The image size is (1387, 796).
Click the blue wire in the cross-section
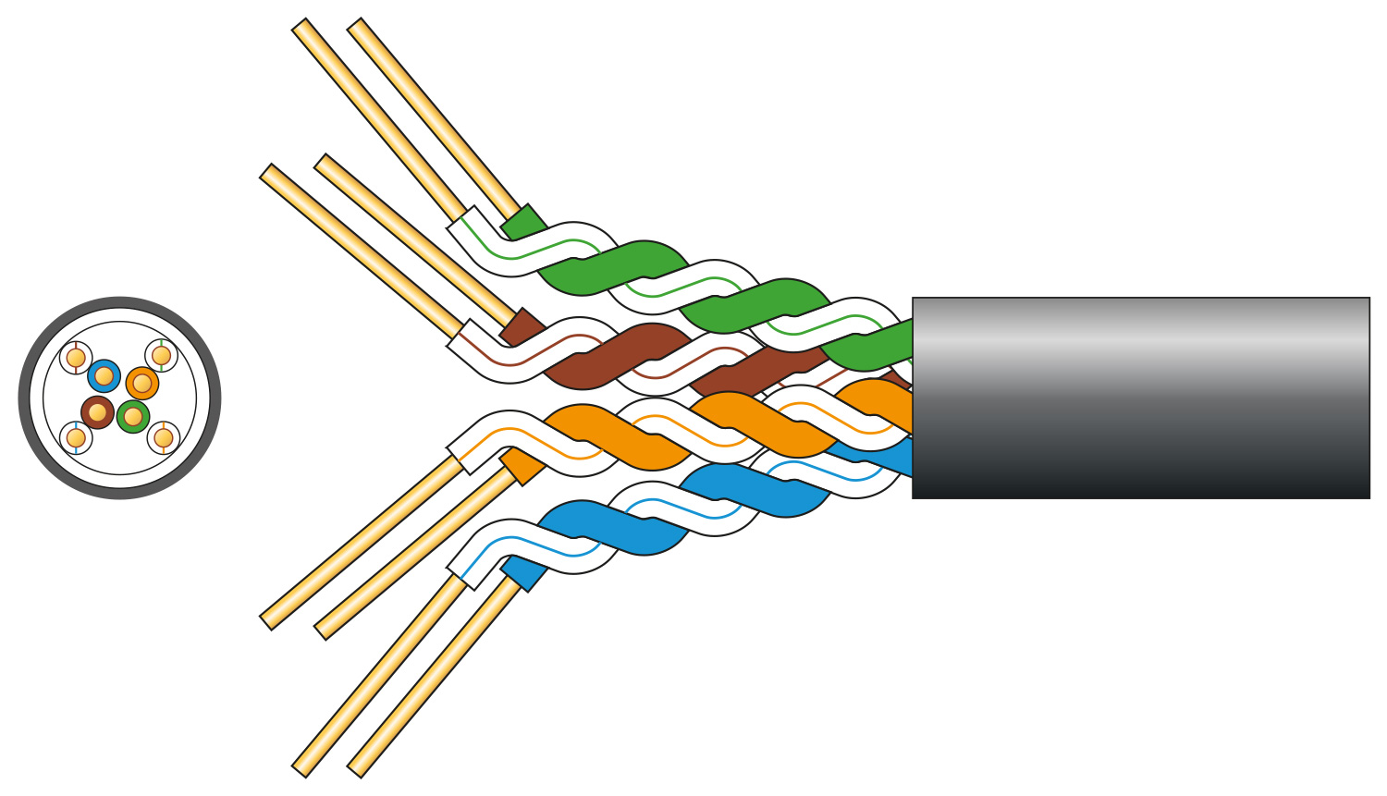[104, 376]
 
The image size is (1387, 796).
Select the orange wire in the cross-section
[142, 383]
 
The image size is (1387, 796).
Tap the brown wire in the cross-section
[97, 412]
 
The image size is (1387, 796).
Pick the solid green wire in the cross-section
[133, 417]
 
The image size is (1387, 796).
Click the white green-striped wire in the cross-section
[162, 356]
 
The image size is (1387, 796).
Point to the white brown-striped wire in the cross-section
[76, 358]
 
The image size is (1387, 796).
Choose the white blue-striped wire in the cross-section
[76, 437]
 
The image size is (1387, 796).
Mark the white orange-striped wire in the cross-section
[164, 437]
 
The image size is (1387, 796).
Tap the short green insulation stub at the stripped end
[523, 223]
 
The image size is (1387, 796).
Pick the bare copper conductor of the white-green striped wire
[379, 120]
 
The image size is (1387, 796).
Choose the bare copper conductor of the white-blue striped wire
[379, 674]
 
